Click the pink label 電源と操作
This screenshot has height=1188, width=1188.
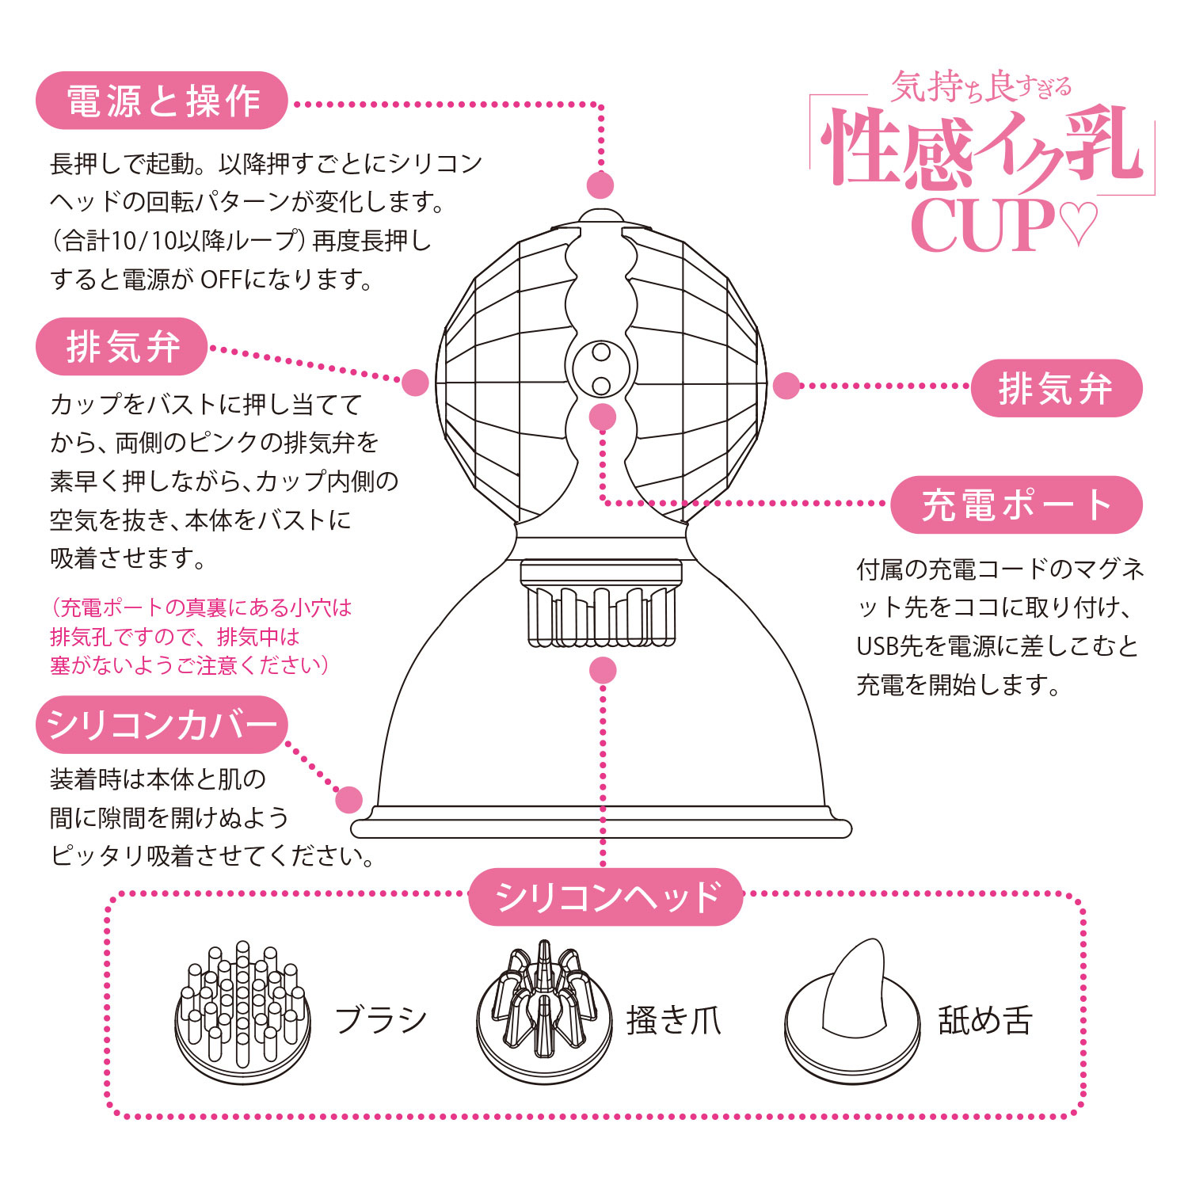pos(162,101)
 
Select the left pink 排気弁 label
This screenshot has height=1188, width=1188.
pos(122,347)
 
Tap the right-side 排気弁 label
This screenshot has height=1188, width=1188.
pos(1057,388)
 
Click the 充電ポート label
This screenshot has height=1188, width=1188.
pos(1017,505)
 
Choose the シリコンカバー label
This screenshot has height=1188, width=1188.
pos(162,725)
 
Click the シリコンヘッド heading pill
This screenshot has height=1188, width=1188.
pos(606,897)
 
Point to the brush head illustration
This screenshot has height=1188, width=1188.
pos(242,1014)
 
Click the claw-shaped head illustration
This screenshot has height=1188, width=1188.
pos(544,1013)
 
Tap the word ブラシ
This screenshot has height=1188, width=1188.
pos(381,1020)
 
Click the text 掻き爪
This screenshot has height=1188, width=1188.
pos(674,1020)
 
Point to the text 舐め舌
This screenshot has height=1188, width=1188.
pos(985,1020)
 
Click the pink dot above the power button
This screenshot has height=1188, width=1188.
pos(600,185)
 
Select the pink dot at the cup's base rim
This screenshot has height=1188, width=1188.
pos(348,800)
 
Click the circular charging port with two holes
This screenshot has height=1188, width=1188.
pos(602,368)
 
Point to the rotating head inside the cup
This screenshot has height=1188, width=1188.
pos(602,602)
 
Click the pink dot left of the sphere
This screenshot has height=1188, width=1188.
pos(415,383)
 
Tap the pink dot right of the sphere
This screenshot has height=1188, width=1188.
pos(786,386)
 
